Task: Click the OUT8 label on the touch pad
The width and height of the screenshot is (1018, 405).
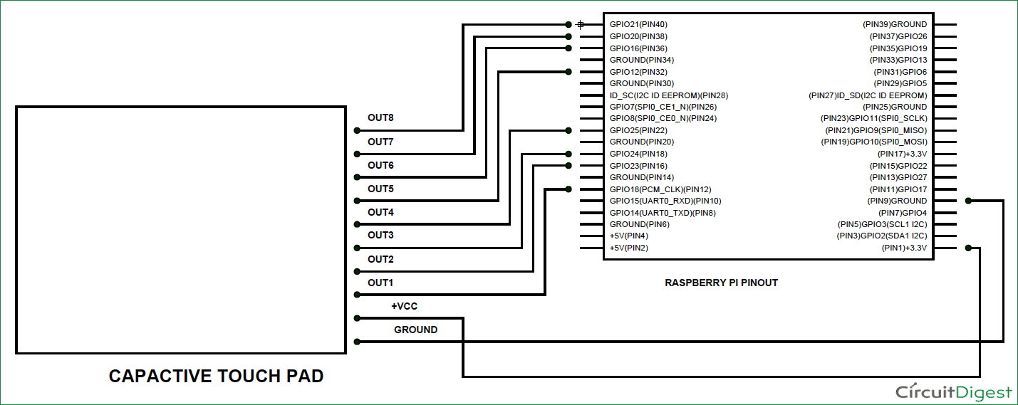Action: click(x=380, y=118)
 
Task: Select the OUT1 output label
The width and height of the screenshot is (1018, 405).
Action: click(x=380, y=283)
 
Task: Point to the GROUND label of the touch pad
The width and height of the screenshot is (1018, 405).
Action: click(x=415, y=330)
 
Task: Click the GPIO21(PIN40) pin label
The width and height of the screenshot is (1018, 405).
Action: click(x=638, y=24)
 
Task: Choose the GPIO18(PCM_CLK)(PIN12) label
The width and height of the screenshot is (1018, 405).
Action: click(x=660, y=189)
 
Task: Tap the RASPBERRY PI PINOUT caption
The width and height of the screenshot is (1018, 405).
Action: click(x=721, y=283)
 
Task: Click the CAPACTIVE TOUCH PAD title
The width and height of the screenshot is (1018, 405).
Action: click(x=216, y=376)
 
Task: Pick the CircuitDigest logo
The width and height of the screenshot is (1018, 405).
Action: click(x=953, y=392)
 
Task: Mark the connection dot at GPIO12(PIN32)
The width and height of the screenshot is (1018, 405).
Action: click(x=568, y=72)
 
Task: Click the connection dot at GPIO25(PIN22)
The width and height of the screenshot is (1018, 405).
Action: click(x=568, y=130)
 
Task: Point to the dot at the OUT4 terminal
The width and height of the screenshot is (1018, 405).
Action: click(x=356, y=224)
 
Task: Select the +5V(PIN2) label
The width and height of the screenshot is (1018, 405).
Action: click(x=629, y=248)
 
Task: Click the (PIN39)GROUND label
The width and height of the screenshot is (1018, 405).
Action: click(x=895, y=24)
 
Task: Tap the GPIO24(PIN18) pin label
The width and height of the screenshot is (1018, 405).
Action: click(x=638, y=154)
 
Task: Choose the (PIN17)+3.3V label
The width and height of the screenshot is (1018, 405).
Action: click(x=902, y=154)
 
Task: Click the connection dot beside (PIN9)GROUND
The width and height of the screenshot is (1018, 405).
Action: click(x=967, y=201)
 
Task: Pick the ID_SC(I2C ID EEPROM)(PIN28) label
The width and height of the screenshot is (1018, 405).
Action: click(x=669, y=95)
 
